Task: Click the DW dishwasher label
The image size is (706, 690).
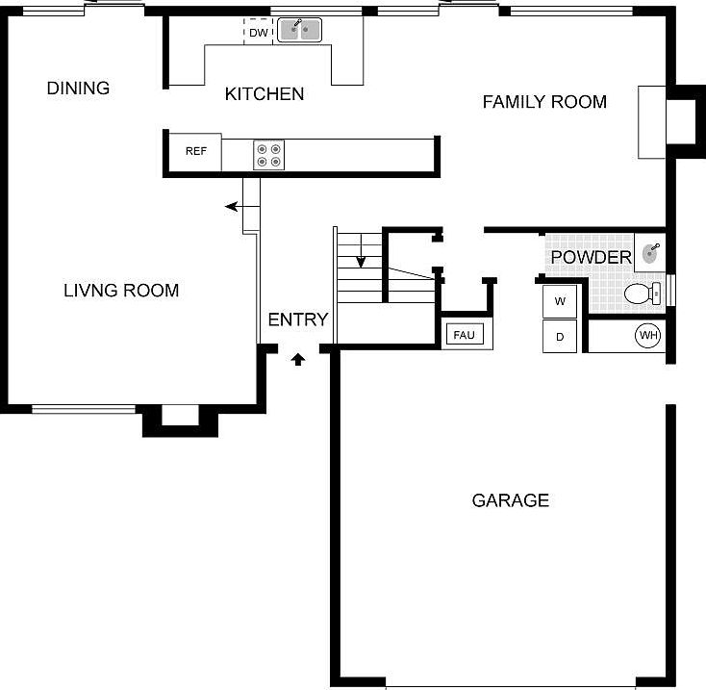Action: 258,33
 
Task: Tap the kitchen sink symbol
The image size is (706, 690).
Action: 299,30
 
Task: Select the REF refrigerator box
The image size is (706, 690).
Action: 196,152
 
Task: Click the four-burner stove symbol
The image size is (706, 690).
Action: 268,155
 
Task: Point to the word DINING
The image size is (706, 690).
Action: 78,89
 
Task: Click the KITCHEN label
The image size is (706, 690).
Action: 265,94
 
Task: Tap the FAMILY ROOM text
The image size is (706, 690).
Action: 544,102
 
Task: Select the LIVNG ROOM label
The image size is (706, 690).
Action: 121,291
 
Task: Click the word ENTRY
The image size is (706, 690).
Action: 298,319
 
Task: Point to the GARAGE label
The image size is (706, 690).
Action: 511,500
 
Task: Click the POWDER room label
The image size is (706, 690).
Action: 591,258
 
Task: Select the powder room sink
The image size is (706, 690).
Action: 650,253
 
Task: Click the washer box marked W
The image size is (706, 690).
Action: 560,301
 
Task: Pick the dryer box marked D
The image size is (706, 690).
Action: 560,336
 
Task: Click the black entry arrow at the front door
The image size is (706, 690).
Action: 298,359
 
